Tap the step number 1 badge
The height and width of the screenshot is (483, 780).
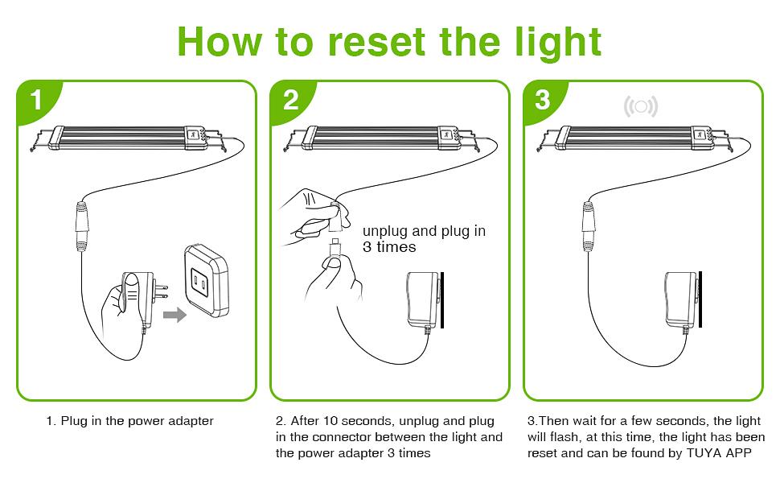click(x=35, y=101)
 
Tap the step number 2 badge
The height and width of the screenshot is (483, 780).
click(x=290, y=101)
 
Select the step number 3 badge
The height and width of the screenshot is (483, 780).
click(x=543, y=101)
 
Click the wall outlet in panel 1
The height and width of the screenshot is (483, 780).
click(x=208, y=279)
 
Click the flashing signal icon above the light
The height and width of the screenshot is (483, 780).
click(x=641, y=105)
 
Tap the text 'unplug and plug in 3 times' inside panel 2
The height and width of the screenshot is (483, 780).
click(x=424, y=239)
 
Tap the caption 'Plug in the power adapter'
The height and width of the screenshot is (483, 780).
click(x=129, y=421)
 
